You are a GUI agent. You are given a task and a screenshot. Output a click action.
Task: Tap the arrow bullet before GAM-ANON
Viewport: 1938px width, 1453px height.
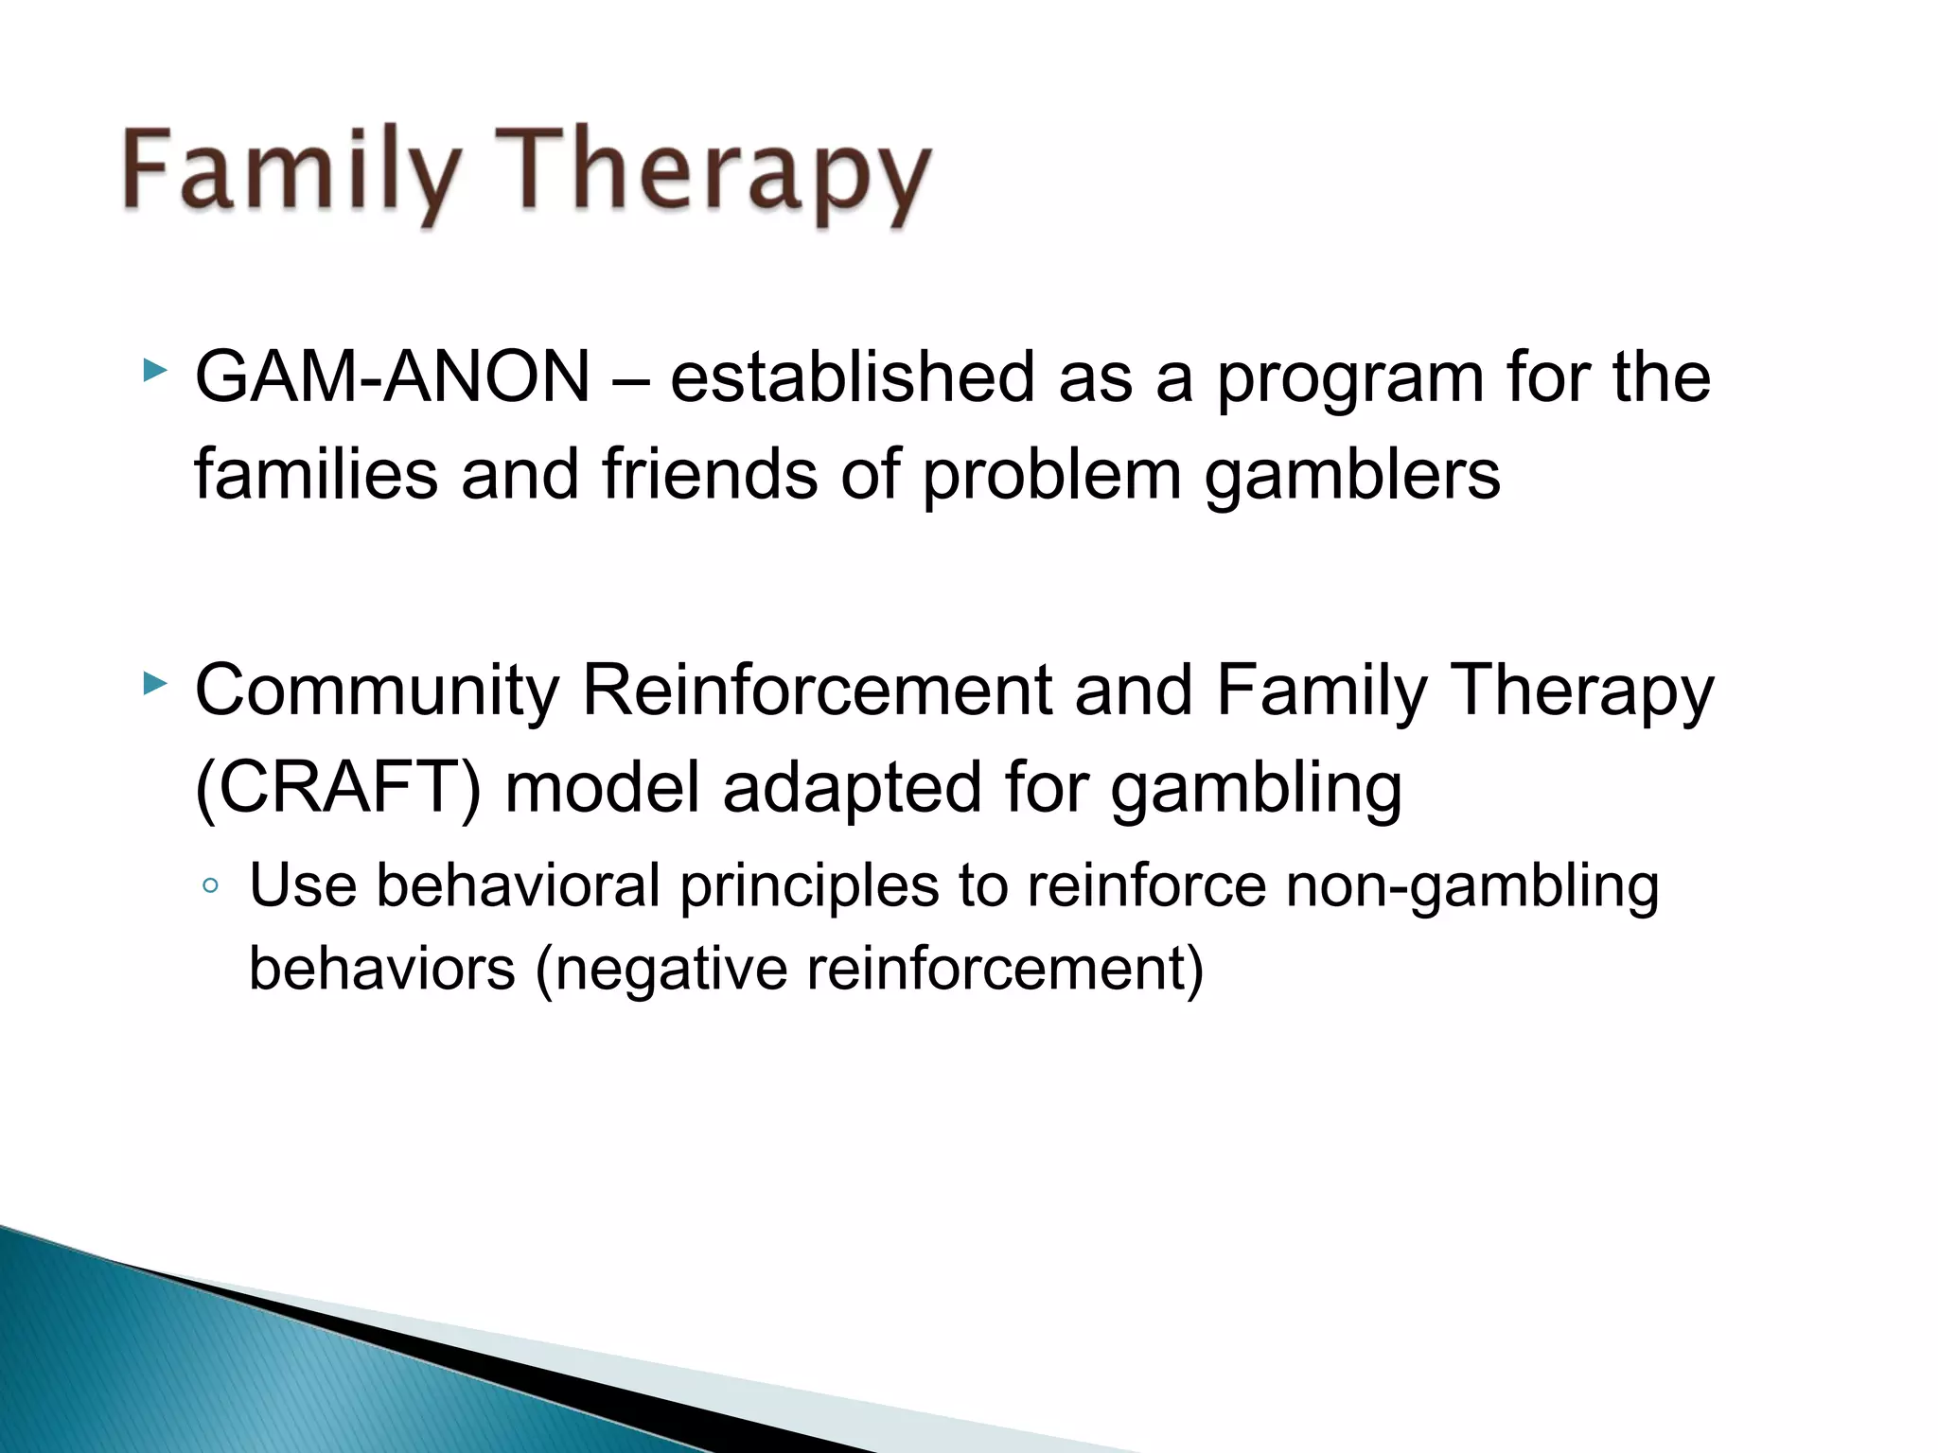[154, 370]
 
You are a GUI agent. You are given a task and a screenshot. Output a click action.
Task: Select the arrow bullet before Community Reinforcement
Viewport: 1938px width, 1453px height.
[154, 683]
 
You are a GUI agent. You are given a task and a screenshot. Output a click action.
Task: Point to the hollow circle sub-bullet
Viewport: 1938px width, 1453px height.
[211, 886]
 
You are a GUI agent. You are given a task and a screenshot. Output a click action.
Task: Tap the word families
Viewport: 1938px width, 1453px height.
[316, 474]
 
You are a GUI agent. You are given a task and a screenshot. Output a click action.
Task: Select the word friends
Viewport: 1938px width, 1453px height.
[710, 474]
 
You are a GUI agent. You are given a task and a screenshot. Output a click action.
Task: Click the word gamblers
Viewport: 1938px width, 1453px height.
[1351, 476]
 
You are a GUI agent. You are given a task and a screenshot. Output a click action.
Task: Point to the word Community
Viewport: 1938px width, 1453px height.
[377, 691]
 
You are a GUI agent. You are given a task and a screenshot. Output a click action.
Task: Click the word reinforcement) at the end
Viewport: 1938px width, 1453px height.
[1005, 970]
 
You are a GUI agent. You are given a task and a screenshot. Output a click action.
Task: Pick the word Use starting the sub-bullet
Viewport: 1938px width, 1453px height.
[303, 886]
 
